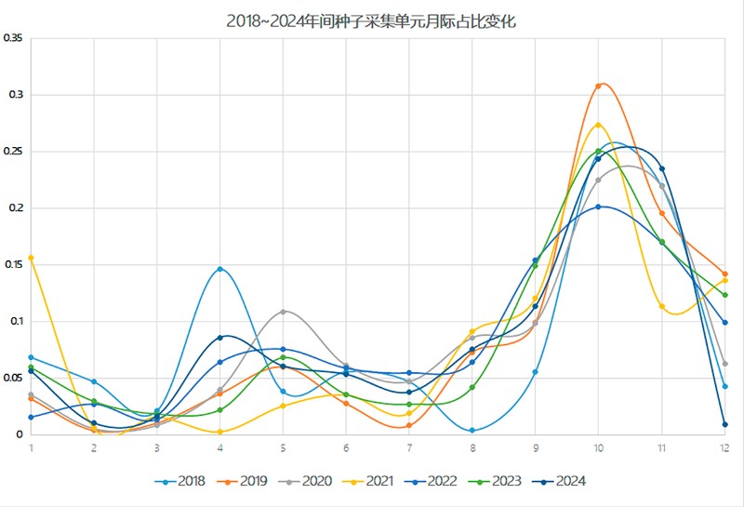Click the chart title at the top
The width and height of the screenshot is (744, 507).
[x=371, y=21]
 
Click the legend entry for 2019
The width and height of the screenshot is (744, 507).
[x=245, y=481]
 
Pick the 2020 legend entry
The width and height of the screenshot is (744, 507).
[x=308, y=481]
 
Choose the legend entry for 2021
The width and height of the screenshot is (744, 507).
[x=371, y=481]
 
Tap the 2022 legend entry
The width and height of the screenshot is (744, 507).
[x=435, y=481]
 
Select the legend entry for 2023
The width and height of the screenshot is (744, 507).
[x=498, y=481]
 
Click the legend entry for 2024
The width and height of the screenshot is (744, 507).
[x=562, y=481]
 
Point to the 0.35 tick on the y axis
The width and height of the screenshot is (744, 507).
[x=13, y=38]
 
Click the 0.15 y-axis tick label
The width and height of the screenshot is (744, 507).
[x=13, y=264]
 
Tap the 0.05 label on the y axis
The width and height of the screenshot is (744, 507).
[x=13, y=378]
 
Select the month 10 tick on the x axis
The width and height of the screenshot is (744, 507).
[x=598, y=447]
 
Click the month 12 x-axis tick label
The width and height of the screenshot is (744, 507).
[x=724, y=447]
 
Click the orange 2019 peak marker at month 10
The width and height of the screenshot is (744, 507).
[x=598, y=86]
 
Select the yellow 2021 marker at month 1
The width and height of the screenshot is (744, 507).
[x=32, y=258]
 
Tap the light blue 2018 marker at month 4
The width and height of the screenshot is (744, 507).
[x=220, y=269]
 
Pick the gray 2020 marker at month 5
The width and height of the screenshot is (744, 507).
[x=283, y=312]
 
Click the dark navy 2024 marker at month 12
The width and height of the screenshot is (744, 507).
[x=724, y=424]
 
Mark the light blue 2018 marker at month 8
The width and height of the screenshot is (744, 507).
[x=472, y=431]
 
